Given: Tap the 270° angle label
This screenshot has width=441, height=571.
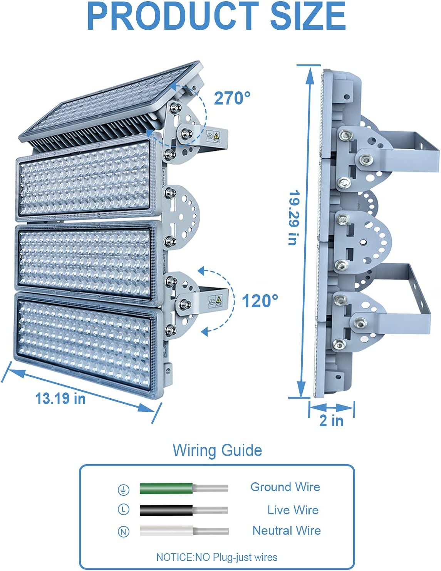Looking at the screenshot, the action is (x=232, y=98).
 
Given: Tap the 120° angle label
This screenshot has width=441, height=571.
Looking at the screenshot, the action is (x=260, y=301).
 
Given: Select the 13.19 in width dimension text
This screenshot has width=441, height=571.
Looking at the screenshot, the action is (x=60, y=399).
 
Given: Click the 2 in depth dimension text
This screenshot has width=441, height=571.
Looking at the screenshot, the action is (x=331, y=421).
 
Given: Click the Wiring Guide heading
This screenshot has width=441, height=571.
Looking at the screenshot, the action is (x=217, y=450).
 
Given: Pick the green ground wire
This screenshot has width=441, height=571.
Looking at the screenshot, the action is (x=184, y=488).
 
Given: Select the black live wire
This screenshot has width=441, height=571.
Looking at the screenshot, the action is (x=184, y=510).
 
